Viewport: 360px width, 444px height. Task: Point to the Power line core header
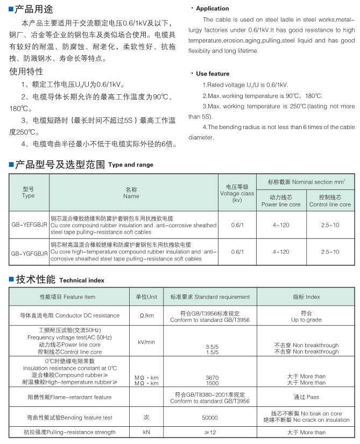tap(281, 201)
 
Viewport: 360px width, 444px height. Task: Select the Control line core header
tap(330, 201)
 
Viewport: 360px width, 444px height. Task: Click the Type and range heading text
tap(131, 165)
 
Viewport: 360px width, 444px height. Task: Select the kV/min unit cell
tap(147, 342)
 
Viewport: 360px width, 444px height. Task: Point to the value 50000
tap(209, 417)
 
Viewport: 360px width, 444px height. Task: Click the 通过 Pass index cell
tap(306, 397)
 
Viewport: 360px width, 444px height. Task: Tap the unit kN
tap(147, 432)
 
